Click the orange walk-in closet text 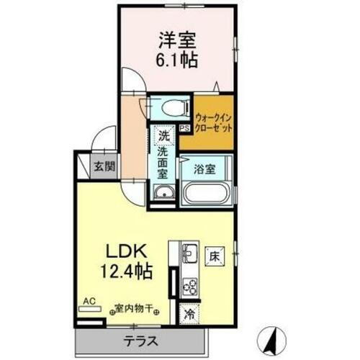[x=215, y=122]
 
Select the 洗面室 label [x=163, y=162]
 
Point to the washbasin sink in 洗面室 [x=164, y=193]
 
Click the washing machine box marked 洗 [x=163, y=135]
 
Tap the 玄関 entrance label [x=103, y=166]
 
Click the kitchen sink [x=191, y=254]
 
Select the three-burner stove [x=191, y=286]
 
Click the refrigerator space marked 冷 [x=189, y=314]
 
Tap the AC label [x=90, y=300]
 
